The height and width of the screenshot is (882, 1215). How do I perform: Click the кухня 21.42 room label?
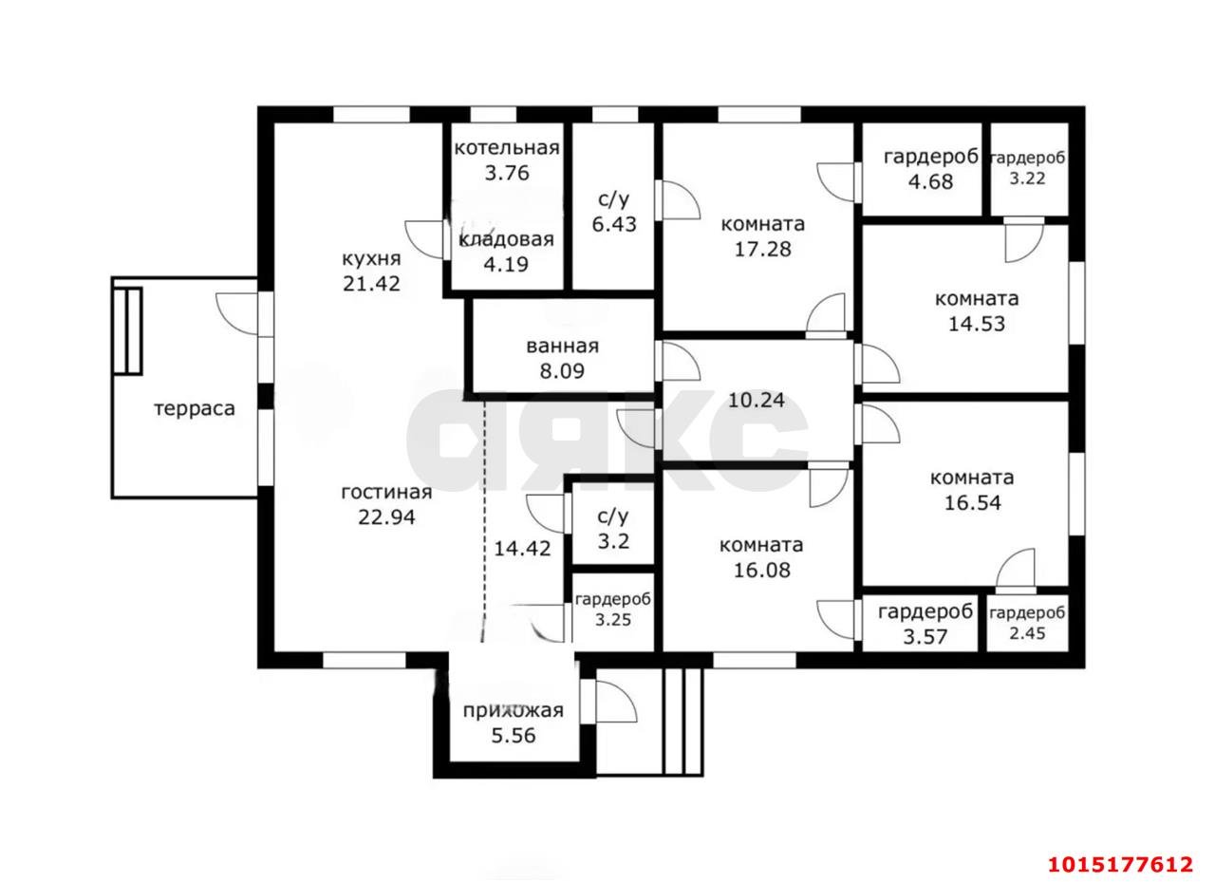tap(371, 271)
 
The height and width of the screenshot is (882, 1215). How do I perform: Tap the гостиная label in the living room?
tap(386, 492)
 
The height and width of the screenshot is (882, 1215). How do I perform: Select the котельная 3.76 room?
tap(507, 160)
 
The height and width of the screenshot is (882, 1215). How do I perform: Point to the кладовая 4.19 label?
tap(507, 252)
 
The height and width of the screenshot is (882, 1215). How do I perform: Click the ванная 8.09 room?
tap(563, 358)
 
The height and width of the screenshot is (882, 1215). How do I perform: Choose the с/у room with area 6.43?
tap(614, 212)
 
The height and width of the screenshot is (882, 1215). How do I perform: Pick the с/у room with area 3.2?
tap(613, 528)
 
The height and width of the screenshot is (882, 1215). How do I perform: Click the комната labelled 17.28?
tap(762, 236)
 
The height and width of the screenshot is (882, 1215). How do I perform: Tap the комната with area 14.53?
tap(977, 310)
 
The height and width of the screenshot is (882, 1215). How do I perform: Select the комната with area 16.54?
tap(973, 490)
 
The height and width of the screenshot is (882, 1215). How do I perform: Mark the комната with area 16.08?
tap(761, 557)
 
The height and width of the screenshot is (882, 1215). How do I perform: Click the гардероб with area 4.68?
tap(931, 169)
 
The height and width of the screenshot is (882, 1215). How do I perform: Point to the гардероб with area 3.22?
tap(1027, 168)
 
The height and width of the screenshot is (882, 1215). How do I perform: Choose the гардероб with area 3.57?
tap(925, 623)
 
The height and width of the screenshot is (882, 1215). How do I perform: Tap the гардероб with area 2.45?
tap(1027, 623)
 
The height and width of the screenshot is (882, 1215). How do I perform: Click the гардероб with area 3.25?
tap(613, 610)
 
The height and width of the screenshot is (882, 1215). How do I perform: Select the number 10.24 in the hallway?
tap(757, 401)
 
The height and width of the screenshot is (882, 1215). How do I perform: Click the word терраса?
tap(195, 408)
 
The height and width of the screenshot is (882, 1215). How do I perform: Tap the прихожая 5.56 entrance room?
tap(514, 723)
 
